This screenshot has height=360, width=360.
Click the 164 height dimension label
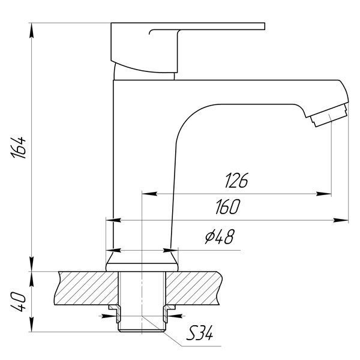click(x=18, y=148)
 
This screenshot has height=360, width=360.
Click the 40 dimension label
click(x=18, y=301)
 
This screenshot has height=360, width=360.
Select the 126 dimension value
click(x=236, y=180)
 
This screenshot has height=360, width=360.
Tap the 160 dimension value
click(x=228, y=206)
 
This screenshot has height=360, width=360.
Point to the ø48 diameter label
click(x=220, y=236)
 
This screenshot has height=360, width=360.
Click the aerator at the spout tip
click(x=329, y=115)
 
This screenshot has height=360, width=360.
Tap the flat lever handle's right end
click(x=265, y=26)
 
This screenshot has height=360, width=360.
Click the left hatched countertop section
click(x=86, y=288)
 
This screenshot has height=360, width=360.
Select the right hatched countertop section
click(x=194, y=288)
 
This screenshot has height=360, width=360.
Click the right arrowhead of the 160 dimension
click(x=341, y=220)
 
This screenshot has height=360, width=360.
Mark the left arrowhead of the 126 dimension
click(x=149, y=194)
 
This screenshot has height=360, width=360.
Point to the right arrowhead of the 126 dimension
click(x=324, y=194)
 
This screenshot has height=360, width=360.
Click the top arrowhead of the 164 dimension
click(x=31, y=31)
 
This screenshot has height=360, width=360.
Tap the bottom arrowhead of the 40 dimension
click(x=31, y=325)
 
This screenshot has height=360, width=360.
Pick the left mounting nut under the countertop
click(x=115, y=313)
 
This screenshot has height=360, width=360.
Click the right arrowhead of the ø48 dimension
click(x=170, y=250)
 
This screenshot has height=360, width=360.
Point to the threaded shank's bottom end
click(x=142, y=331)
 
